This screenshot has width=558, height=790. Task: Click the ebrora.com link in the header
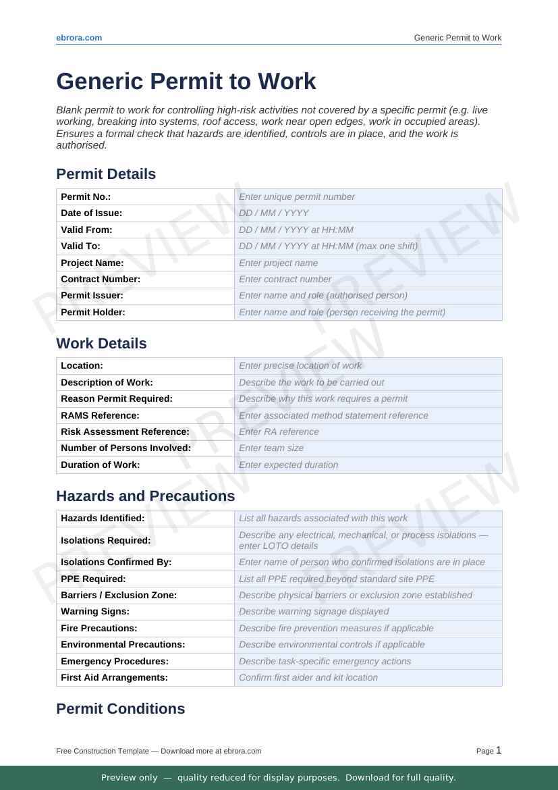tap(79, 38)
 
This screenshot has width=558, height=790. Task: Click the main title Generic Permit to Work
tap(186, 81)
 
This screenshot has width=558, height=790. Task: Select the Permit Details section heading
tap(106, 174)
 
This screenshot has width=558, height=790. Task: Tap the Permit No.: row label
tap(86, 196)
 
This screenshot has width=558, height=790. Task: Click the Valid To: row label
tap(80, 246)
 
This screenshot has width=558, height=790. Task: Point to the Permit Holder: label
tap(93, 312)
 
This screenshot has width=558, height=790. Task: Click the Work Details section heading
tap(101, 344)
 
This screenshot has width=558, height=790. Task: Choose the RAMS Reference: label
tap(100, 415)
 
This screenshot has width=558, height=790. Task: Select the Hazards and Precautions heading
tap(146, 496)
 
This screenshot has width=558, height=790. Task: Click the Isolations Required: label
tap(105, 540)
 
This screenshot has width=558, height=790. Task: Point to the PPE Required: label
tap(93, 579)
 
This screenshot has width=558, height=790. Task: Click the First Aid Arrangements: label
tap(114, 677)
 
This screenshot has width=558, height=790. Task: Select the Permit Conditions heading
tap(121, 709)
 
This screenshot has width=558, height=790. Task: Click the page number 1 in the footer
tap(499, 750)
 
